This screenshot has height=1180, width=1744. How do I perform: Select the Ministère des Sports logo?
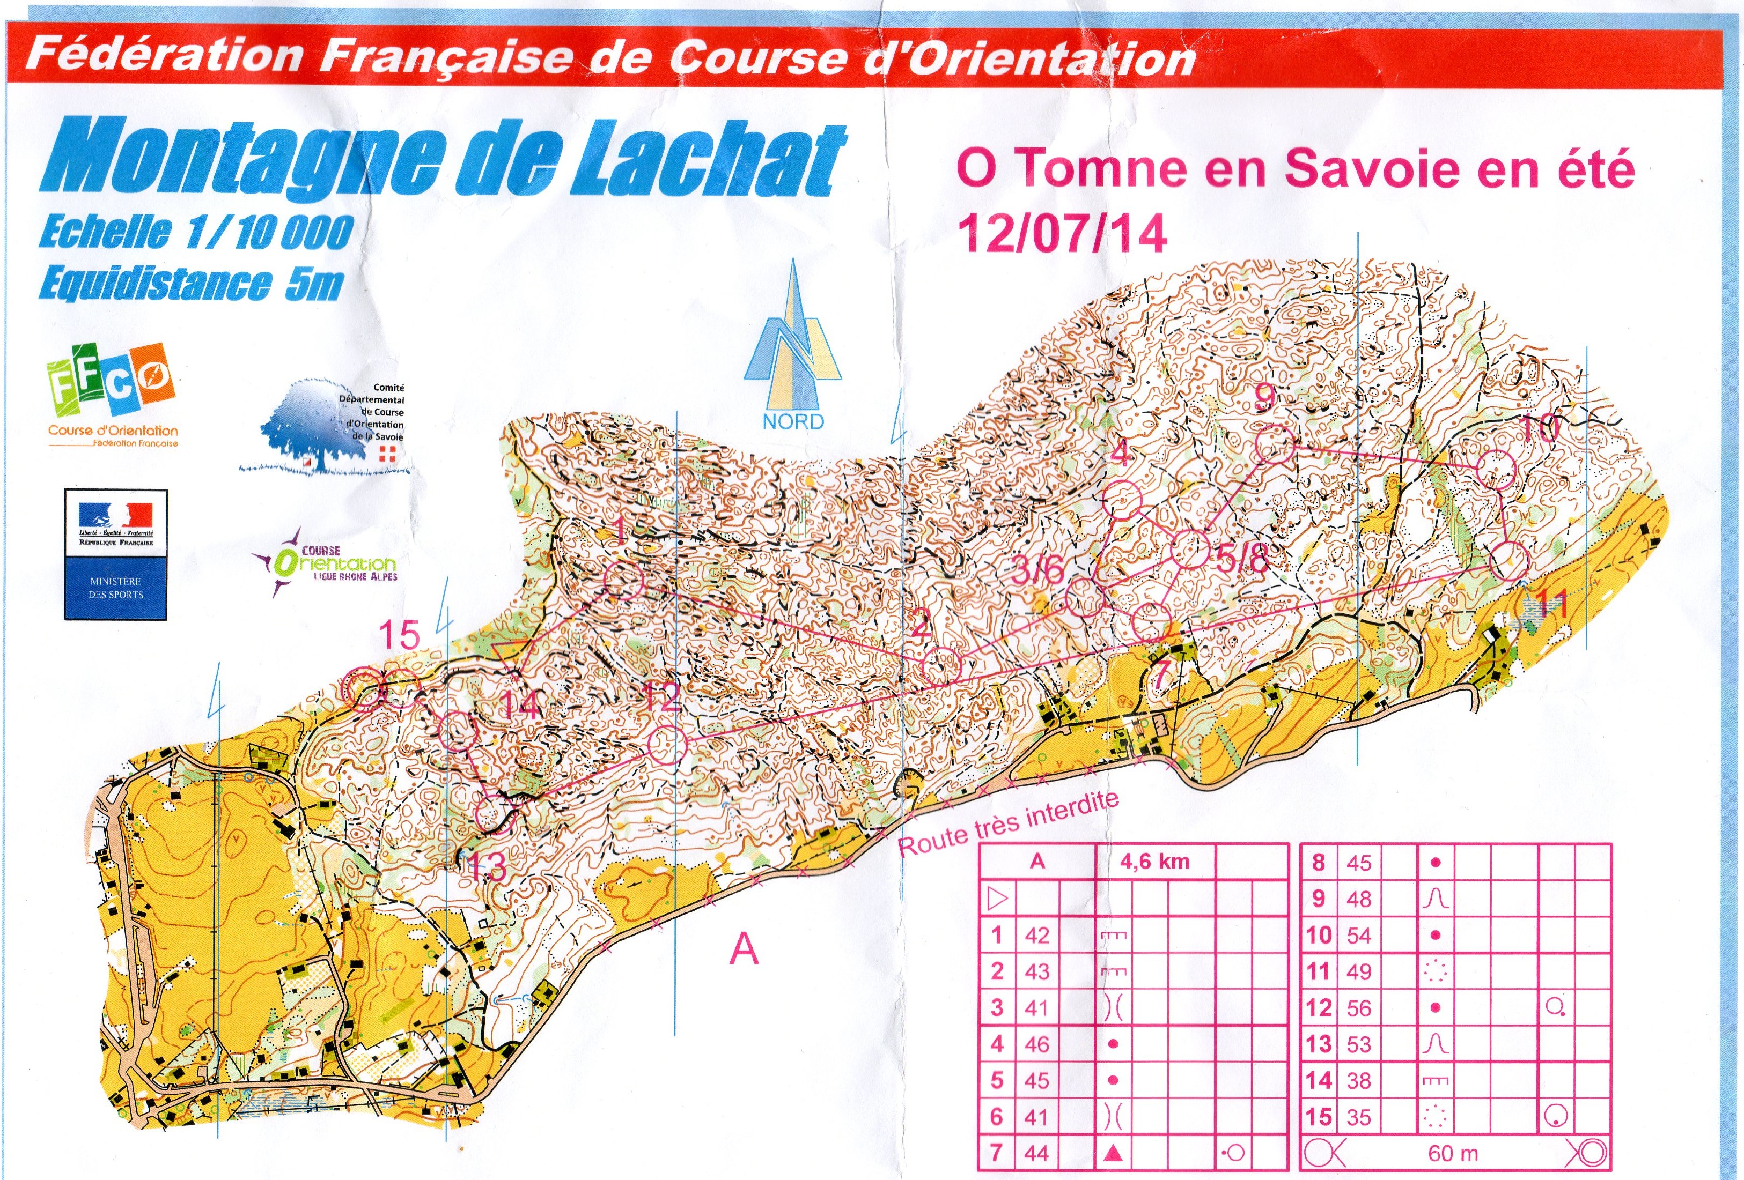pos(115,554)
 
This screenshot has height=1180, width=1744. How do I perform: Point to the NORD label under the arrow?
pos(793,421)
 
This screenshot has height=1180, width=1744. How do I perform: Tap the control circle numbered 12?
pos(667,744)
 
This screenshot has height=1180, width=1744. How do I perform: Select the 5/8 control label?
pos(1242,558)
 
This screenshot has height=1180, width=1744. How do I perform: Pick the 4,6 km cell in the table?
pos(1154,861)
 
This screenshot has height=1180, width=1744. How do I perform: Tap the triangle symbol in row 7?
pos(1113,1152)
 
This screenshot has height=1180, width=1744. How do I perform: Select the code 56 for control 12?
pos(1358,1007)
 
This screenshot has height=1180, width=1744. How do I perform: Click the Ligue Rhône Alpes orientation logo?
pos(330,562)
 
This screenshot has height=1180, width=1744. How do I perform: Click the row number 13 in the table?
pos(1319,1044)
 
